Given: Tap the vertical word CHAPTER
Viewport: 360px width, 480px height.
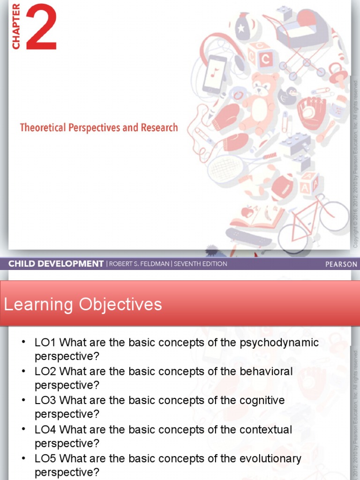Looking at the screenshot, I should pyautogui.click(x=16, y=26).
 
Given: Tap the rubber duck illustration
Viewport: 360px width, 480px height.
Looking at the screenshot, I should pyautogui.click(x=287, y=96).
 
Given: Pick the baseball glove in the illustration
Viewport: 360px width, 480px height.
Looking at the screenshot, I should pyautogui.click(x=311, y=112).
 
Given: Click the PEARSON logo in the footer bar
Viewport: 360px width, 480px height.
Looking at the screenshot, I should pyautogui.click(x=341, y=264).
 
